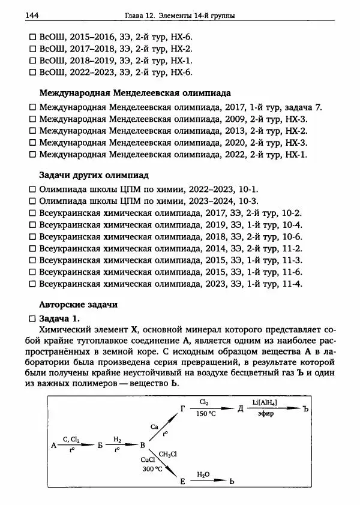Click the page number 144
pos(29,14)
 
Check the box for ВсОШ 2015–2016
pos(33,37)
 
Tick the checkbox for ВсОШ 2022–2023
pos(33,73)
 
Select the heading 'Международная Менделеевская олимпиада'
pos(134,94)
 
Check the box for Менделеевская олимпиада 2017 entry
pos(33,107)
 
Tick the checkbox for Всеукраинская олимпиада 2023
pos(33,284)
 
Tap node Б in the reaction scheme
pos(100,445)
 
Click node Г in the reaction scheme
pos(184,408)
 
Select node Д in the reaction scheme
pos(240,408)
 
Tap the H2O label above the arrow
pos(204,474)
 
